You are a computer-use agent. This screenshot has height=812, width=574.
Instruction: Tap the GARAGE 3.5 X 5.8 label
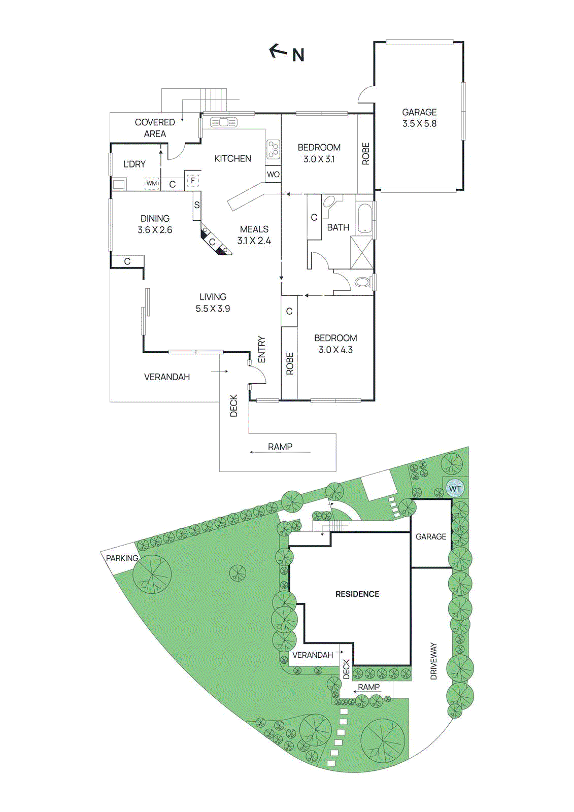pyautogui.click(x=419, y=118)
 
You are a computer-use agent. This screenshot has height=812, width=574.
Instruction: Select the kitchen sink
pyautogui.click(x=223, y=122)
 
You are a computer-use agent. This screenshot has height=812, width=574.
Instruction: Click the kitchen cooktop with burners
pyautogui.click(x=273, y=149)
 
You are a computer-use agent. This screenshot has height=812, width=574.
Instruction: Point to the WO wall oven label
pyautogui.click(x=273, y=174)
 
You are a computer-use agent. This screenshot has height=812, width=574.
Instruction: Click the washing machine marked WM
pyautogui.click(x=152, y=183)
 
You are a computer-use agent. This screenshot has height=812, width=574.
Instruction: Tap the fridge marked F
pyautogui.click(x=193, y=180)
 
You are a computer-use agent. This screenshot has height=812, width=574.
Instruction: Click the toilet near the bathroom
pyautogui.click(x=362, y=282)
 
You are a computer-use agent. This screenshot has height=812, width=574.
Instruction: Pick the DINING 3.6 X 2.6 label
pyautogui.click(x=155, y=224)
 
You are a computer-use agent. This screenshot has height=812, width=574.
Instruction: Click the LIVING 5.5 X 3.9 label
pyautogui.click(x=213, y=302)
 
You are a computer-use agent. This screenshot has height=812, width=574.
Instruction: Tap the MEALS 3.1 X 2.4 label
pyautogui.click(x=254, y=235)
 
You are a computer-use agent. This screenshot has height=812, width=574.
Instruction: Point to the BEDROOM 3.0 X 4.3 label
pyautogui.click(x=335, y=344)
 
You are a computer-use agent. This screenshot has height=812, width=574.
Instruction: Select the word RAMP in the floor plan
pyautogui.click(x=280, y=447)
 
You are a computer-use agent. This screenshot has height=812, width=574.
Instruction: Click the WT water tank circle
pyautogui.click(x=455, y=489)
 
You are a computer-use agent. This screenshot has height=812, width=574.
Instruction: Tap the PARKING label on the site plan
pyautogui.click(x=122, y=558)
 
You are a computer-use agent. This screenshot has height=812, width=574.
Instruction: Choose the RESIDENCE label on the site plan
pyautogui.click(x=357, y=594)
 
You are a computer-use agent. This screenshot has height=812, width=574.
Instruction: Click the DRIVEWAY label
pyautogui.click(x=433, y=661)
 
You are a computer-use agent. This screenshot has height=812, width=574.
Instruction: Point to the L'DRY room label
pyautogui.click(x=134, y=164)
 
